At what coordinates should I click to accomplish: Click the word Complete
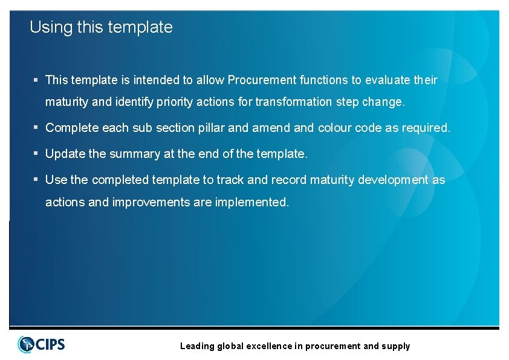(72, 128)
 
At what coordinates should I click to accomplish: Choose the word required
(425, 128)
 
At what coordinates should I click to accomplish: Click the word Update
(65, 154)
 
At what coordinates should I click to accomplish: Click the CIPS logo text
(51, 345)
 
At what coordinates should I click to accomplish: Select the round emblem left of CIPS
(26, 344)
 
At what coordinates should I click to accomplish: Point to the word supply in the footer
(395, 347)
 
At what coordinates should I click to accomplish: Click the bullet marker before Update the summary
(36, 154)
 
